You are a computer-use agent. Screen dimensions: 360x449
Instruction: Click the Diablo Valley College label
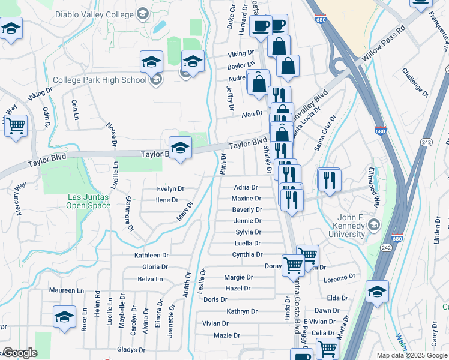click(x=95, y=14)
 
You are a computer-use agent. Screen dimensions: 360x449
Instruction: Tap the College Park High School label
click(x=99, y=80)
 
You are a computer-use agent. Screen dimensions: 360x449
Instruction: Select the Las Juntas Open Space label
click(x=88, y=201)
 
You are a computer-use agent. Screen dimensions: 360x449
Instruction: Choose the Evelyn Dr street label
click(x=170, y=188)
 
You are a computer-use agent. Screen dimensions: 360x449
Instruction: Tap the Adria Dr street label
click(x=246, y=187)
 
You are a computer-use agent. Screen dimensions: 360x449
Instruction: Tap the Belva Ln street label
click(x=150, y=279)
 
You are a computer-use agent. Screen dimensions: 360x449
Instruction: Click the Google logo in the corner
click(x=20, y=353)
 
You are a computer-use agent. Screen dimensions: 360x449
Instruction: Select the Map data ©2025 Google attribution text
click(x=411, y=355)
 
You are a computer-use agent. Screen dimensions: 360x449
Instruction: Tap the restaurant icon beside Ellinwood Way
click(x=329, y=179)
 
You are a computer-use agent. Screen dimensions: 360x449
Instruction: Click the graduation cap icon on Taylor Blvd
click(x=180, y=146)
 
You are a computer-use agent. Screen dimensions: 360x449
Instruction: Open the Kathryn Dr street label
click(x=242, y=311)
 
